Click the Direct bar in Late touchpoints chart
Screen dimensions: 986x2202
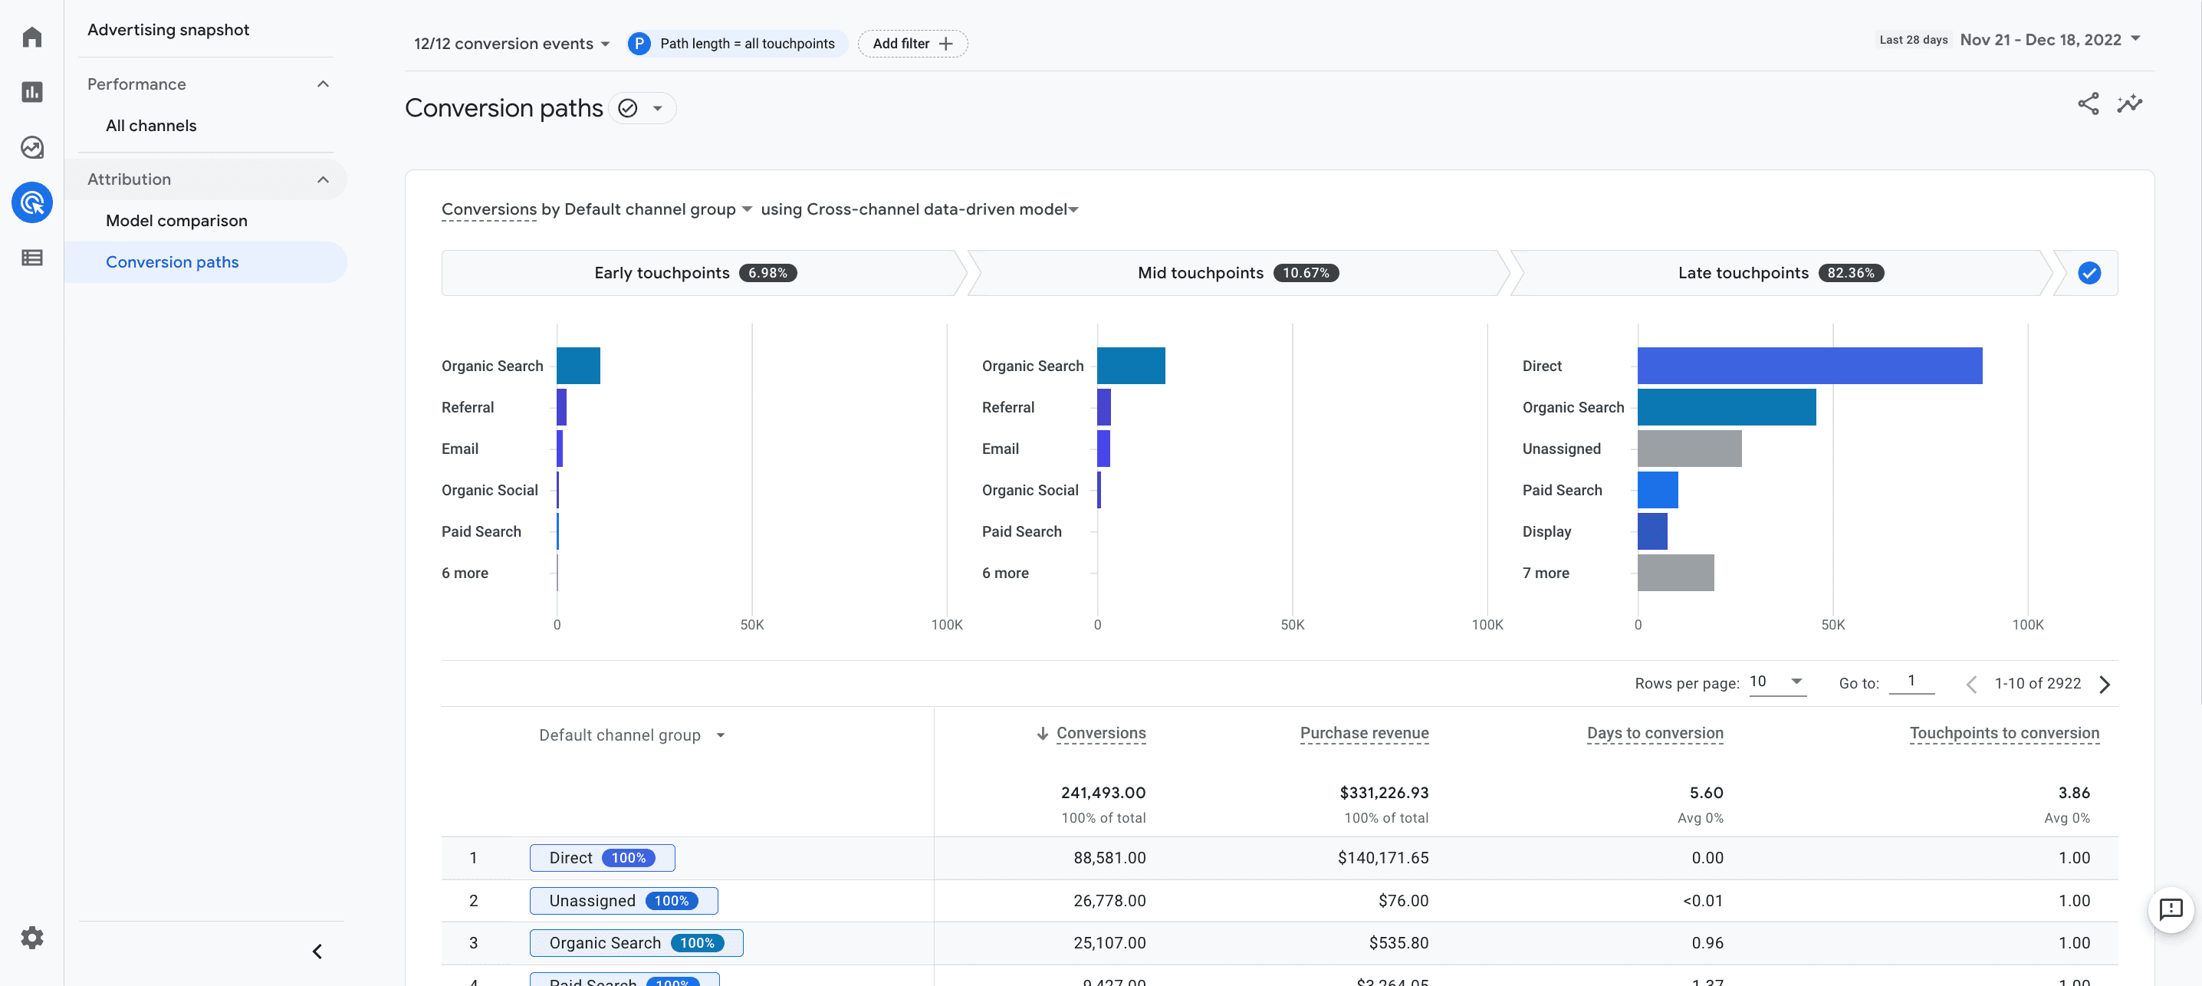coord(1809,365)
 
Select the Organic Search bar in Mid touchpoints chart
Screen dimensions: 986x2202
coord(1130,365)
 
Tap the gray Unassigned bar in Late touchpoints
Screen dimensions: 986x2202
coord(1688,448)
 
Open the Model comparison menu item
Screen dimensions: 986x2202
coord(176,221)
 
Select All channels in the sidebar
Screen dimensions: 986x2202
coord(150,126)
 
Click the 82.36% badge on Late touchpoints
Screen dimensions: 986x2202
coord(1850,273)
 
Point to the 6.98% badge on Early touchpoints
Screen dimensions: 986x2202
coord(767,273)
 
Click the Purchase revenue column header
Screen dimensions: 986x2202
coord(1363,733)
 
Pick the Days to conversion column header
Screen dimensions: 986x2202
coord(1654,733)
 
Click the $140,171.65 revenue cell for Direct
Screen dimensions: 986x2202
coord(1382,858)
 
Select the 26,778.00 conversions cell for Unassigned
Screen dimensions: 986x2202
coord(1109,900)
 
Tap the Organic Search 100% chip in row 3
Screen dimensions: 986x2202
coord(636,942)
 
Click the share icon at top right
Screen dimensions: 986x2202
coord(2088,104)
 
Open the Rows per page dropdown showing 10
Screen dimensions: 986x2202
coord(1776,682)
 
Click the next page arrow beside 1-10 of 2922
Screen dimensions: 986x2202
coord(2105,684)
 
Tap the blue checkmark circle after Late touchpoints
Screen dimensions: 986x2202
coord(2089,273)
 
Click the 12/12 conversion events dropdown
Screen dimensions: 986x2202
coord(511,44)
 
